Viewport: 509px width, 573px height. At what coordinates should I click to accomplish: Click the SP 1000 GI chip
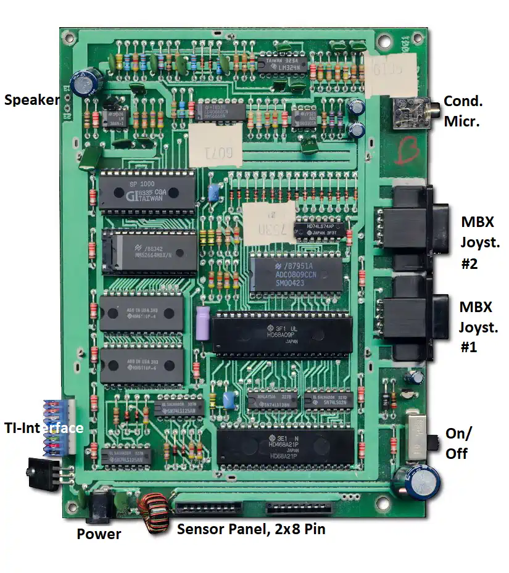coord(147,191)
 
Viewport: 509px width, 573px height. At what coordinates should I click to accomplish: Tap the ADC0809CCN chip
coord(296,274)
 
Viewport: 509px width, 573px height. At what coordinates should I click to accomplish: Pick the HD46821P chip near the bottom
coord(286,446)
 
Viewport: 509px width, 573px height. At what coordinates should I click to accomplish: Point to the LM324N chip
coord(282,62)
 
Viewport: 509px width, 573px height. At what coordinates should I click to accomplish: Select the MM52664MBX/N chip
coord(150,252)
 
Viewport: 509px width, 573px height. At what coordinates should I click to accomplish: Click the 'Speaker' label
coord(31,100)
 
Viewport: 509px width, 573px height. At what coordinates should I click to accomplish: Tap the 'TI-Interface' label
coord(43,427)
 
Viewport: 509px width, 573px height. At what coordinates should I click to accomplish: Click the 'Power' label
coord(99,534)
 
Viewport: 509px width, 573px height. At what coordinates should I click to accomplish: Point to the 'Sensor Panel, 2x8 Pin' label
coord(251,529)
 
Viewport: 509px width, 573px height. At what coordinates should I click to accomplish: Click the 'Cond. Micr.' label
coord(463,111)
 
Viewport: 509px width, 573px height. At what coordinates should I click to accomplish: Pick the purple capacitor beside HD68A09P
coord(202,322)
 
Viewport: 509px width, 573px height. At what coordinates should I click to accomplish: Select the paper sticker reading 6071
coord(213,146)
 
